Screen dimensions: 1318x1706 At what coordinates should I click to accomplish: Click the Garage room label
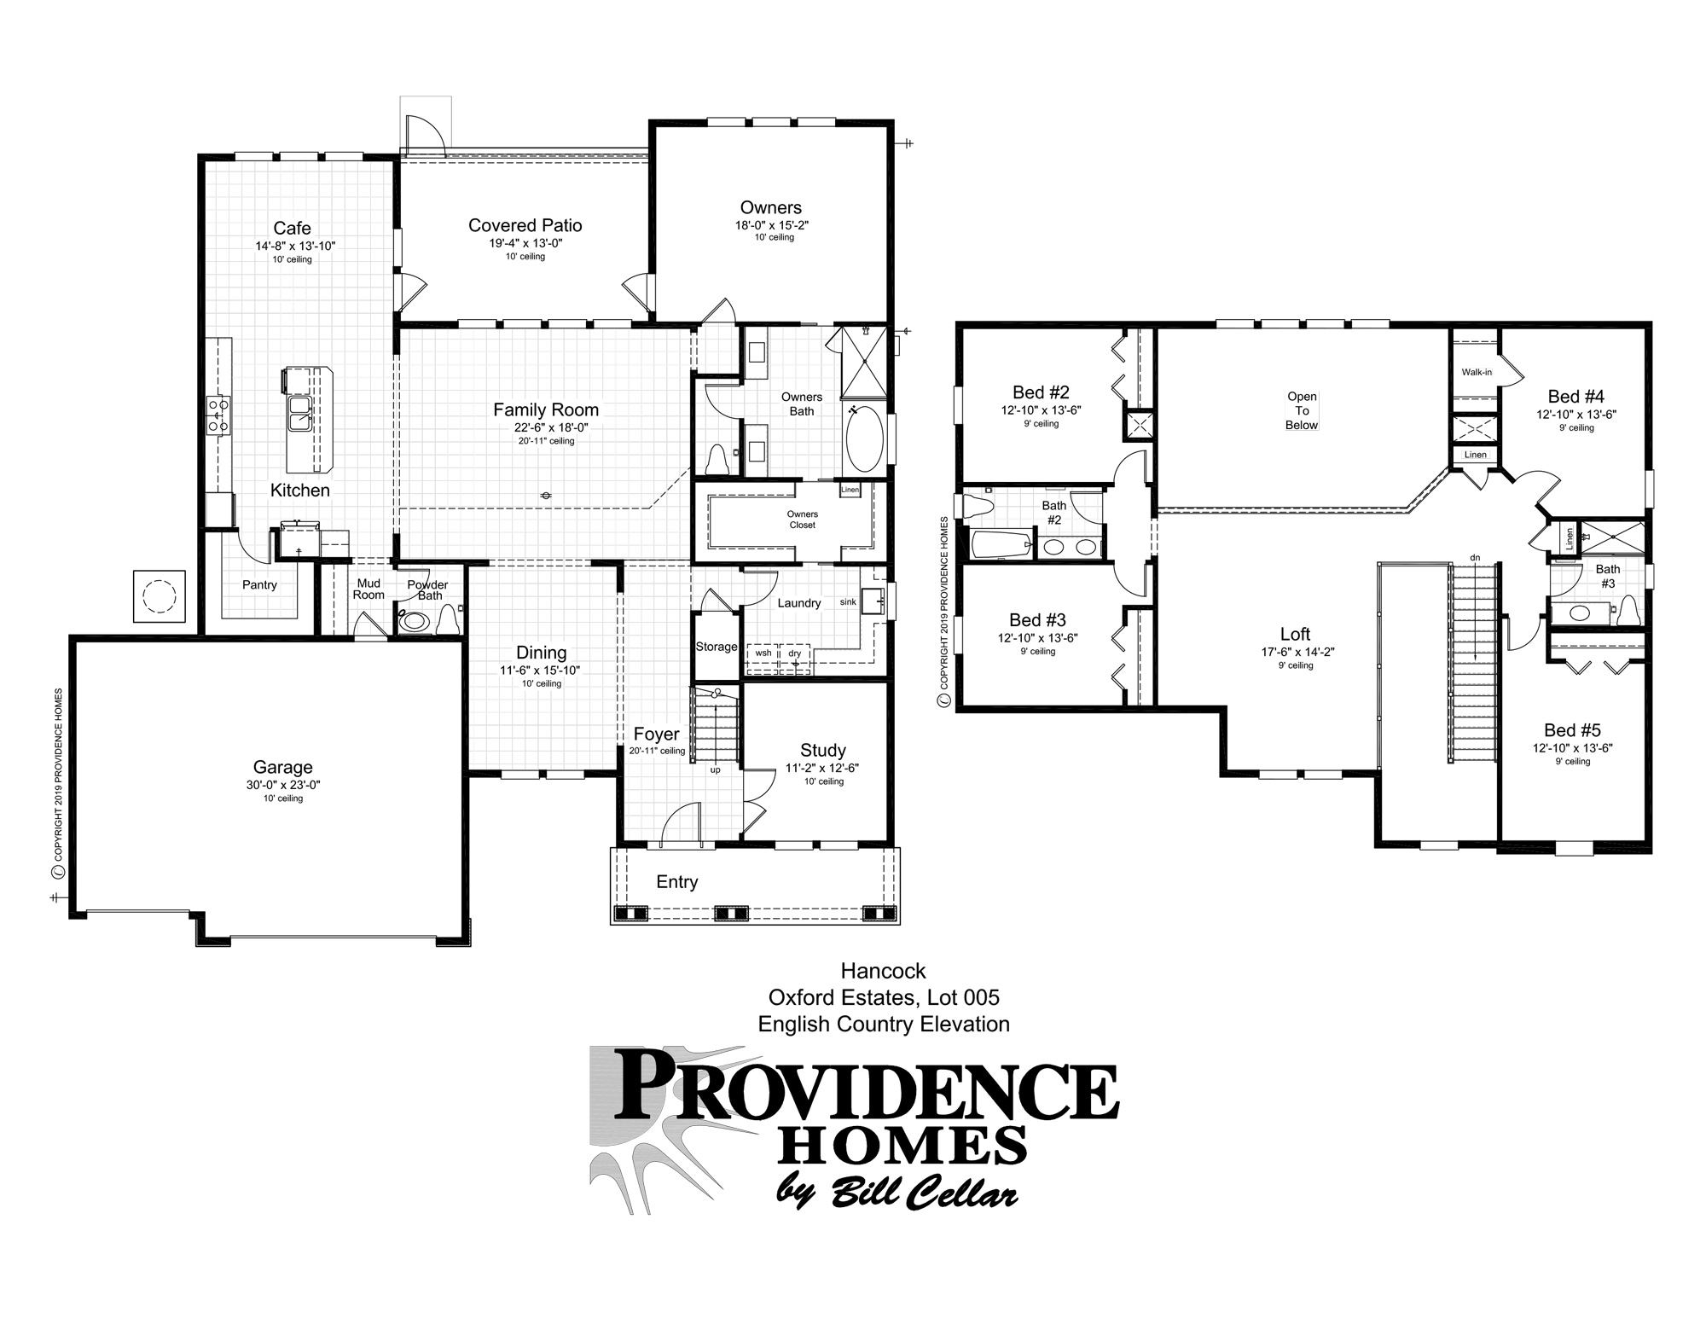(282, 767)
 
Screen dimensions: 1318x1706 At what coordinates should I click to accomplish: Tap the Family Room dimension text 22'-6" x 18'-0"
(546, 427)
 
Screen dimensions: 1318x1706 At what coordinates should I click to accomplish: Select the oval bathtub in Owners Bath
(865, 438)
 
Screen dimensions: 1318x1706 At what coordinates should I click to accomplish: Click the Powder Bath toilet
(415, 622)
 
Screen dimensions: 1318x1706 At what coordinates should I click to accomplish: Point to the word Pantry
(259, 584)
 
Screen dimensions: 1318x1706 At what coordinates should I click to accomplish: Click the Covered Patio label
(525, 225)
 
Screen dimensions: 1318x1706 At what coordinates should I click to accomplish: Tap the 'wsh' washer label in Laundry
(763, 653)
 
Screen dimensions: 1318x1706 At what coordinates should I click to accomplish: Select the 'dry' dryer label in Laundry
(794, 653)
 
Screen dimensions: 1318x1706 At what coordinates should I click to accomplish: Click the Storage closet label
(717, 647)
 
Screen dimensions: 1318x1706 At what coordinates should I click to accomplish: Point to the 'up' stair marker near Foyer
(715, 769)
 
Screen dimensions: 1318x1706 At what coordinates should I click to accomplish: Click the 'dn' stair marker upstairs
(1475, 558)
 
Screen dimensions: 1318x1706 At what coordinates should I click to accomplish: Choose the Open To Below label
(1302, 410)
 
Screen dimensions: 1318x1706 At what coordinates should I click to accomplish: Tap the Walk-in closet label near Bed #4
(1477, 372)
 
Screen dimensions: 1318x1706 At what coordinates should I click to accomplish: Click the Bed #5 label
(1572, 730)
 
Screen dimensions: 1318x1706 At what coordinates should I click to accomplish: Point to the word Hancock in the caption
(883, 971)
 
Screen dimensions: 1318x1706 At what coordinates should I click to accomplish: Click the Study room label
(822, 750)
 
